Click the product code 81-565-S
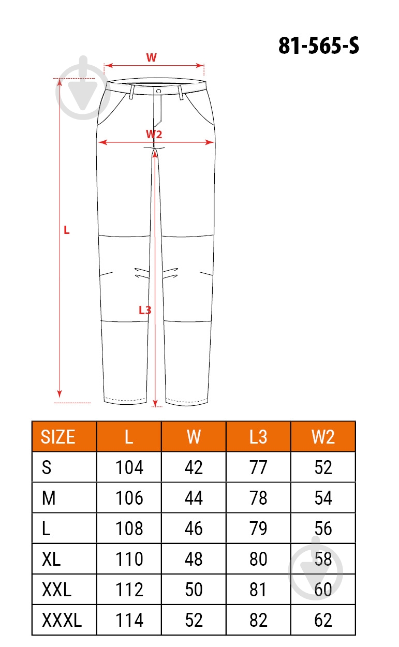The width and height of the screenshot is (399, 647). (x=319, y=46)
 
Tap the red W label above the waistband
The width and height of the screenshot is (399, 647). (x=151, y=57)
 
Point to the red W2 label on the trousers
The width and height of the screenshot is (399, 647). (x=154, y=134)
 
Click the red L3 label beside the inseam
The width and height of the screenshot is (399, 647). (x=145, y=310)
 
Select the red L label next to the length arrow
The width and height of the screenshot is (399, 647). (x=66, y=230)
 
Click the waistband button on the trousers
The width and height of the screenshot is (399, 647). (x=158, y=91)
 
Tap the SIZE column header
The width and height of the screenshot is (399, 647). (x=58, y=436)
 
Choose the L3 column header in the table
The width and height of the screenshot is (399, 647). (x=258, y=436)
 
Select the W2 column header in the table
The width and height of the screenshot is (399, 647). (x=323, y=436)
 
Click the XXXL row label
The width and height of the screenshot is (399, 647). (x=62, y=620)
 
